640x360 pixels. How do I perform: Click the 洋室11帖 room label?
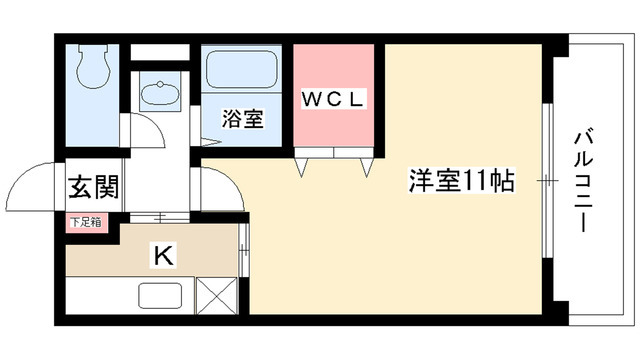click(461, 182)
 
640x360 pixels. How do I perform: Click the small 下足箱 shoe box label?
click(85, 223)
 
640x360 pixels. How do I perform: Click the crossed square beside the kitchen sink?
click(218, 297)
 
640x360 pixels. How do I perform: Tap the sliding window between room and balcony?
click(547, 180)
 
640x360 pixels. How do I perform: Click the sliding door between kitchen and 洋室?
click(245, 249)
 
